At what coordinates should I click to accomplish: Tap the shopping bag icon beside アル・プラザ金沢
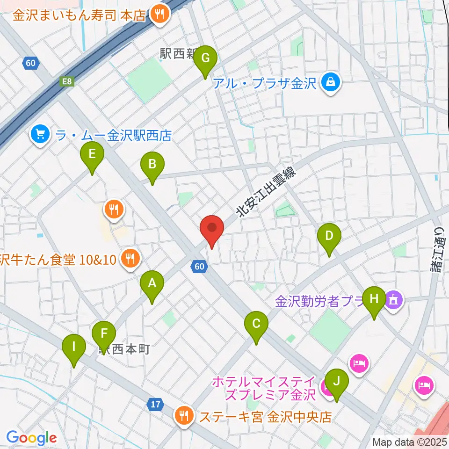(x=331, y=83)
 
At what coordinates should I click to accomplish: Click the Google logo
(x=31, y=438)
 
